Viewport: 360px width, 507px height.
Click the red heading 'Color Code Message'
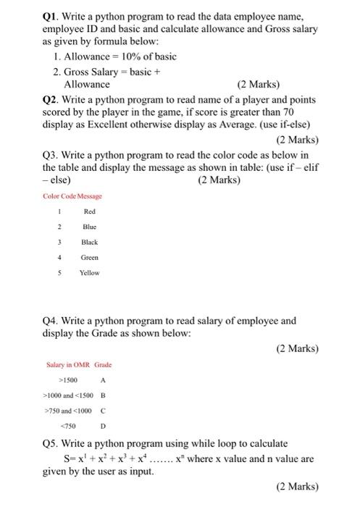click(73, 196)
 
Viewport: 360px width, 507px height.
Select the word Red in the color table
click(90, 211)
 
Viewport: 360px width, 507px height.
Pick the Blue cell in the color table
click(90, 227)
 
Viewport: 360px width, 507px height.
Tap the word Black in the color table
click(90, 242)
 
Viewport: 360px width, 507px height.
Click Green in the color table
click(90, 257)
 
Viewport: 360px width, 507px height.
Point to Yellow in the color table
click(90, 273)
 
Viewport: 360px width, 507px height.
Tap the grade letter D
click(103, 425)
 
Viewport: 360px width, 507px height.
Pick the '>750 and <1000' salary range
click(70, 410)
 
